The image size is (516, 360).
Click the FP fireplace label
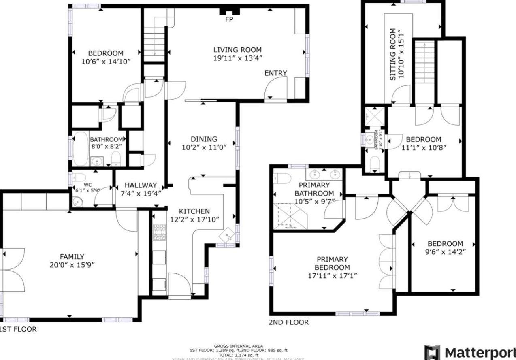click(229, 19)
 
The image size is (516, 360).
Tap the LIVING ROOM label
click(238, 50)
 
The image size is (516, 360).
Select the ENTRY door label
click(275, 73)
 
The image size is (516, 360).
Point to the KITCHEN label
click(194, 211)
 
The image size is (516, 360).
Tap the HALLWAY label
click(141, 185)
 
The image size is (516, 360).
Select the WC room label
click(88, 185)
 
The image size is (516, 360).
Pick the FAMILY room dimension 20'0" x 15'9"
click(72, 265)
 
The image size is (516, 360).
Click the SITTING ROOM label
click(392, 54)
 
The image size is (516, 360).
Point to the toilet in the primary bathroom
click(282, 178)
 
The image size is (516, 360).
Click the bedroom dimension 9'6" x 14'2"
click(445, 251)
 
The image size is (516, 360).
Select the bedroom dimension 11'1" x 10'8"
click(423, 147)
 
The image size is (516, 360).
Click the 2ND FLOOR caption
click(288, 322)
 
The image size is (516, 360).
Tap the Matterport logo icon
click(432, 351)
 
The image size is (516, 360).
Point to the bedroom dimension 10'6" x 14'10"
click(106, 62)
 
